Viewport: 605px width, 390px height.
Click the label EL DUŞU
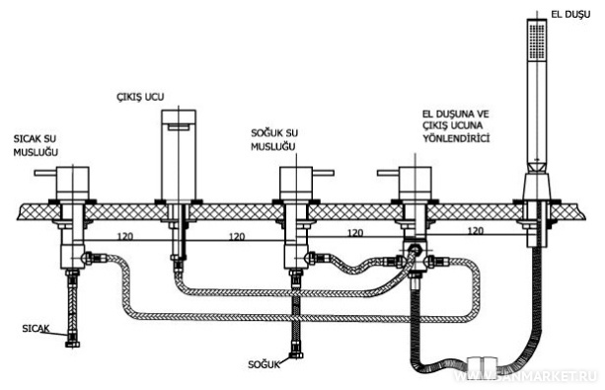[570, 15]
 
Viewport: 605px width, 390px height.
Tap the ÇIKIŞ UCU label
[140, 97]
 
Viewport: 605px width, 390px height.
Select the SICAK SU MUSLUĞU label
[36, 145]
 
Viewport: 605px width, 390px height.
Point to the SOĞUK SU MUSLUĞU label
[274, 140]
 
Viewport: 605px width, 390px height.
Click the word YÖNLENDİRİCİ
[456, 138]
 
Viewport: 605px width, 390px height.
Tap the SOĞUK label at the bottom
[264, 364]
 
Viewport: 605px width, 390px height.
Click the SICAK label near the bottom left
[36, 329]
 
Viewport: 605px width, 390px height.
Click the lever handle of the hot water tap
[45, 173]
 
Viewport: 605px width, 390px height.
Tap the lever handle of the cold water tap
[323, 173]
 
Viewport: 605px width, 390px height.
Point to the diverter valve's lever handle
[388, 173]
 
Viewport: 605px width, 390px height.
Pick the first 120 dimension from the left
[125, 236]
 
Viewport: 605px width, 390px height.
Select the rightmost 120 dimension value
[476, 231]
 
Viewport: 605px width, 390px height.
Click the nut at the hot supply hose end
[72, 344]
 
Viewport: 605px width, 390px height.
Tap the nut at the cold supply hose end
[296, 354]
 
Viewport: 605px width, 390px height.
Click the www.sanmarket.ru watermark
[526, 376]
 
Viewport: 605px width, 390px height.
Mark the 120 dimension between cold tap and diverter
[355, 233]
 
